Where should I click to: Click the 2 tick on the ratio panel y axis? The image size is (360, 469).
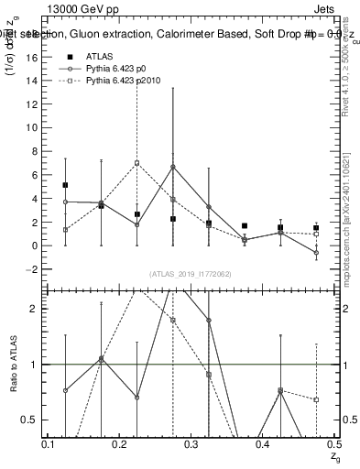click(35, 309)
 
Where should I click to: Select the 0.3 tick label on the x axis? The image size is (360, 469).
click(191, 444)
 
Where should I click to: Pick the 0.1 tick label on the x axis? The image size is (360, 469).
click(48, 444)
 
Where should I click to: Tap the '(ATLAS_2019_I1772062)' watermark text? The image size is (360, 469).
click(191, 274)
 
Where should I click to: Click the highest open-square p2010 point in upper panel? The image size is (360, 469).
click(136, 163)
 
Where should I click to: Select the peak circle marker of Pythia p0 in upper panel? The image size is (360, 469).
click(173, 167)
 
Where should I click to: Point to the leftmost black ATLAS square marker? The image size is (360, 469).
click(65, 185)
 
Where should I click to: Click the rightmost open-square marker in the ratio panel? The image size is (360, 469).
click(316, 399)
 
